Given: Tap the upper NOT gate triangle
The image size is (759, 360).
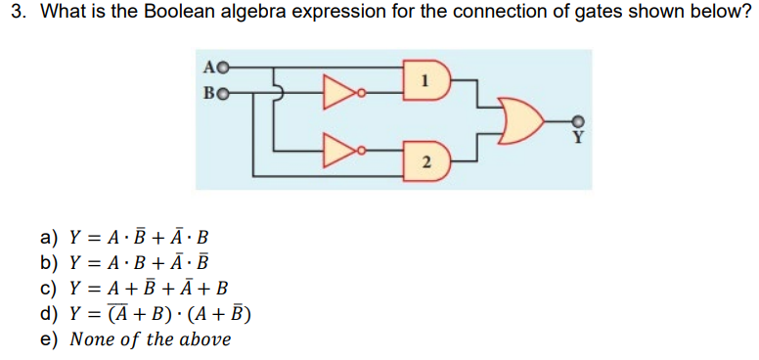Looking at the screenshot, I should [341, 94].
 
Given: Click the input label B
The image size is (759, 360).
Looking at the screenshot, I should [211, 93].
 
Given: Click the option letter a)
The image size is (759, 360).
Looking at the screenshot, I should [49, 237].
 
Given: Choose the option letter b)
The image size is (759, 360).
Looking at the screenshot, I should [49, 262].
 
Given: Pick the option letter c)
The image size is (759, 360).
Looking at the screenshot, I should [49, 288].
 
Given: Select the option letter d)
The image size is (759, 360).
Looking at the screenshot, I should [49, 313].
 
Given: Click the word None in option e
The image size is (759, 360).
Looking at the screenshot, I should [95, 339].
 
